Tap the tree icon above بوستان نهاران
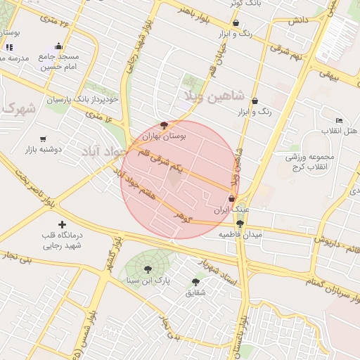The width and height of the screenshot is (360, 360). (164, 125)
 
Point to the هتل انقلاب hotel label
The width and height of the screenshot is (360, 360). (340, 131)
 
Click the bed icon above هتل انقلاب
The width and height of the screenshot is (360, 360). (340, 120)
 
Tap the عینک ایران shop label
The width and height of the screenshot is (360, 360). (231, 210)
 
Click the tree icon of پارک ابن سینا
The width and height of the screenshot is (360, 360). (148, 269)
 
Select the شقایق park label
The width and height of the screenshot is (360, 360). (196, 292)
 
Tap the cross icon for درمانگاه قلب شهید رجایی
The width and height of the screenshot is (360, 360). (63, 224)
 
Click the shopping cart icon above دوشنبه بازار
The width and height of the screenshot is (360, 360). (44, 139)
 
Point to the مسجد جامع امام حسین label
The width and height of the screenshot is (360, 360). (59, 61)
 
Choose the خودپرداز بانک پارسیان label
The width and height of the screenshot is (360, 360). (83, 100)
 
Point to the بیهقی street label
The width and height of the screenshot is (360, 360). (329, 72)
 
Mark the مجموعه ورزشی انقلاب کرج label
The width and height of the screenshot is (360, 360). (313, 161)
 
